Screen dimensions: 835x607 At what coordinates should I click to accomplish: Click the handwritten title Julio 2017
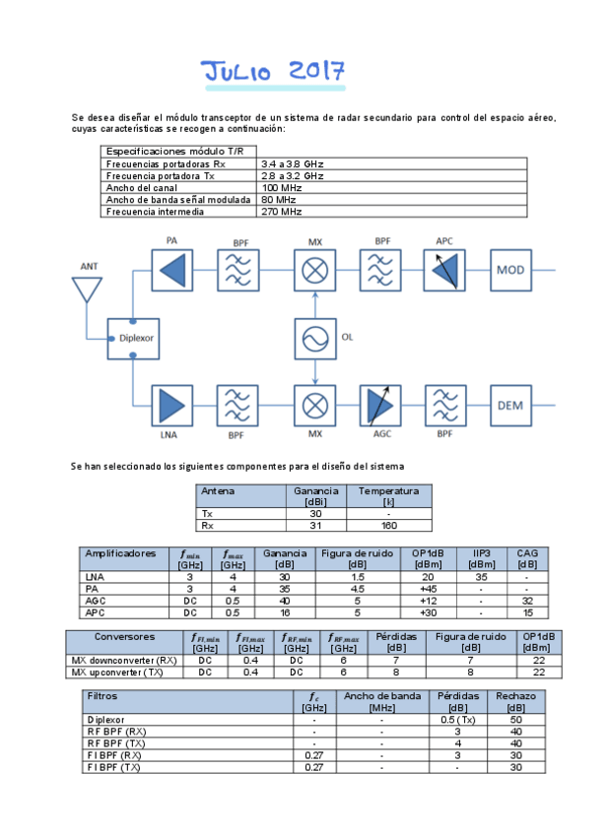pyautogui.click(x=273, y=71)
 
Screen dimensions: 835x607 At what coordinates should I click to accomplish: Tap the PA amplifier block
pyautogui.click(x=171, y=269)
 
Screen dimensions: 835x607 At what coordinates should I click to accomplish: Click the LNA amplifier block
pyautogui.click(x=171, y=406)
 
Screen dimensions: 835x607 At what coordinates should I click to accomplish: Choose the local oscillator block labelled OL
pyautogui.click(x=315, y=338)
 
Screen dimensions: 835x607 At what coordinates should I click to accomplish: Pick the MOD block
pyautogui.click(x=510, y=269)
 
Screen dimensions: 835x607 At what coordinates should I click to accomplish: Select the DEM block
pyautogui.click(x=510, y=406)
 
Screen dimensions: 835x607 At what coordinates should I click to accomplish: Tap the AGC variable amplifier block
pyautogui.click(x=379, y=406)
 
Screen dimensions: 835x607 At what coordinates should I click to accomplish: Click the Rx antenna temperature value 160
pyautogui.click(x=388, y=526)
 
